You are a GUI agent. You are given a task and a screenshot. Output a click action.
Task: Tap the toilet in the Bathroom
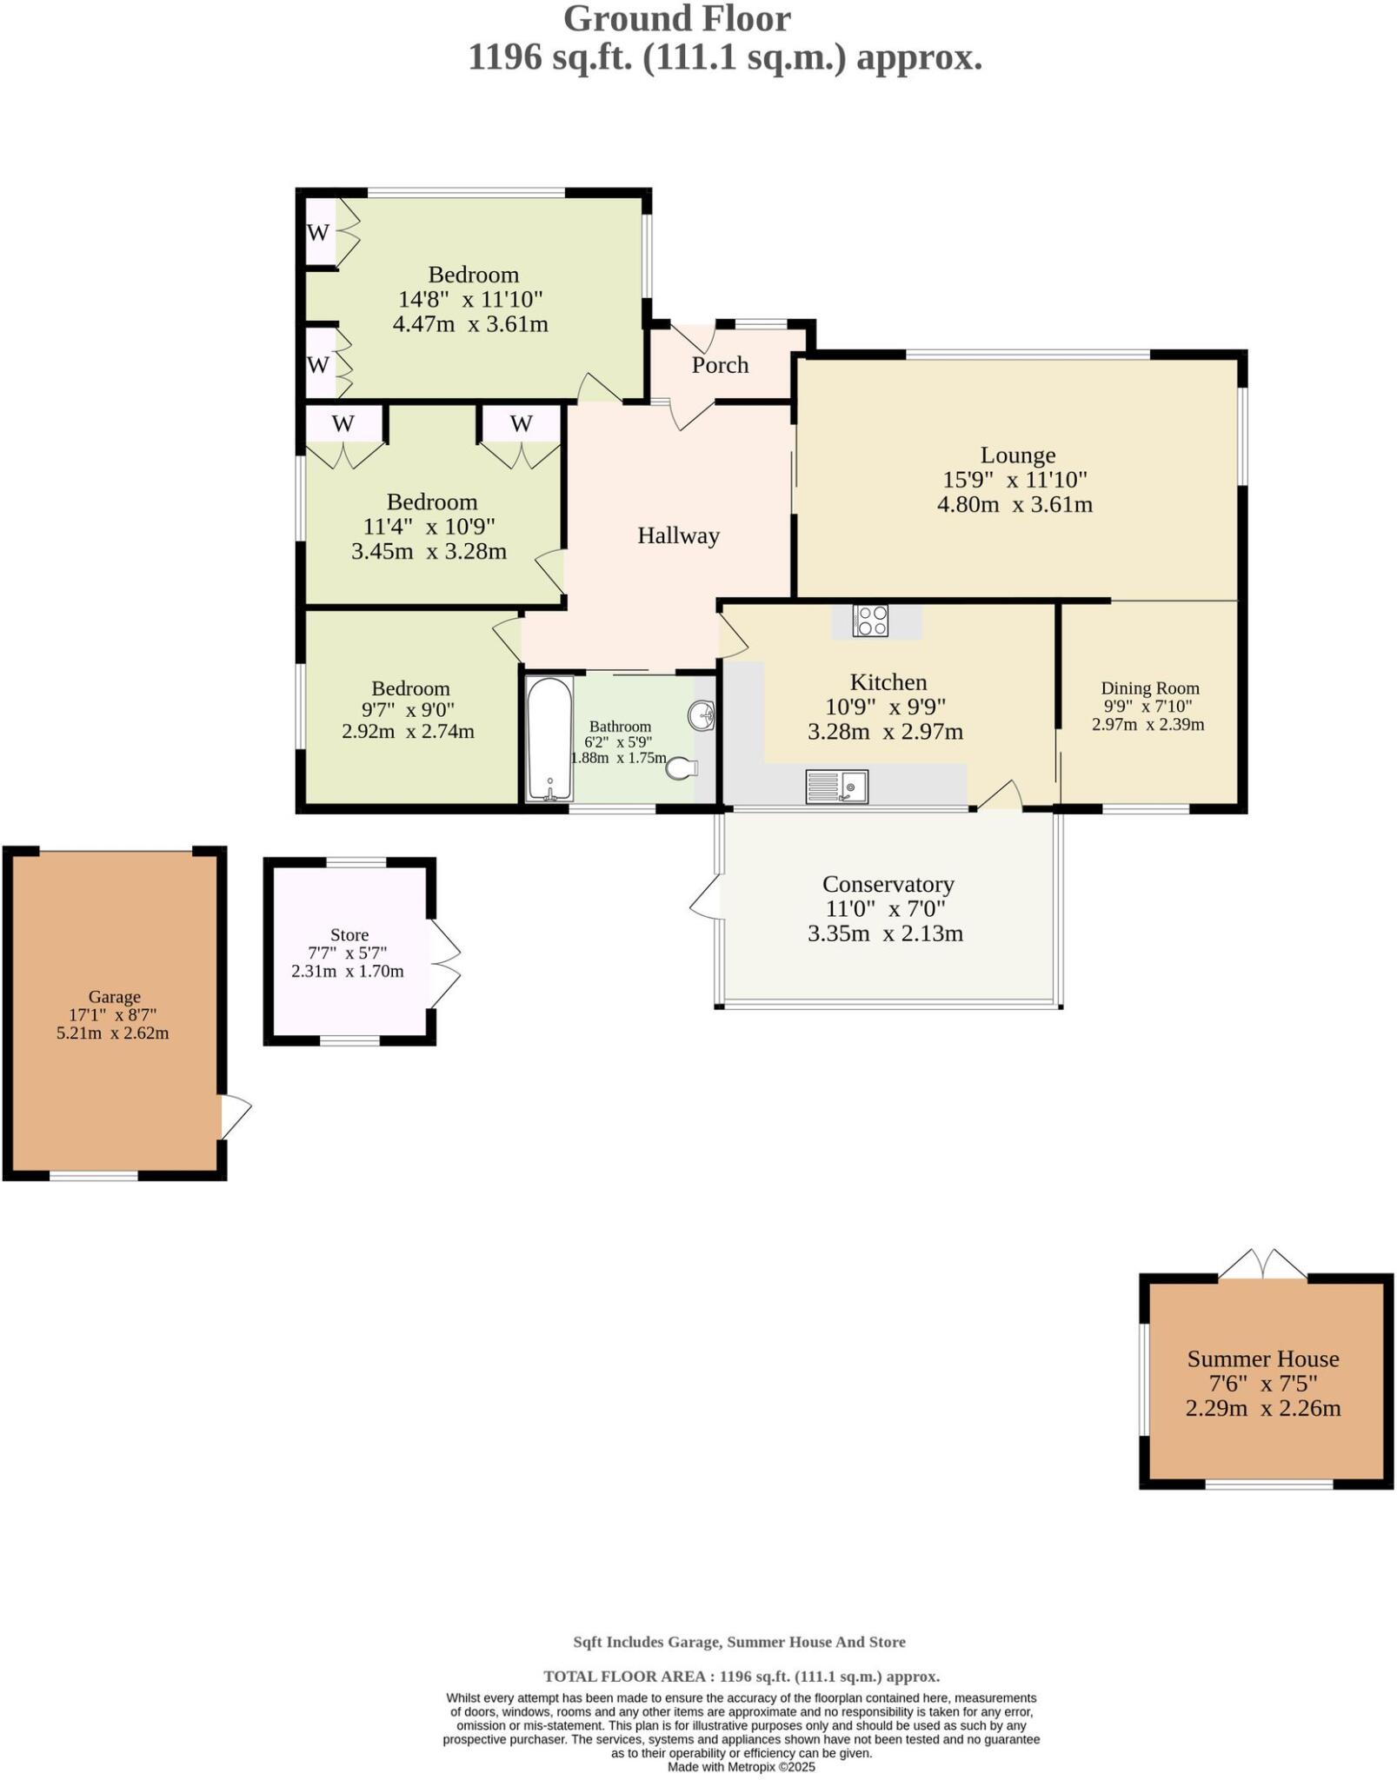[683, 768]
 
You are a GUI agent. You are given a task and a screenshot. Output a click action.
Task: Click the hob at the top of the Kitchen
[870, 621]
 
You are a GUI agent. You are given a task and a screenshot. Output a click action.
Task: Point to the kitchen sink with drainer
[836, 786]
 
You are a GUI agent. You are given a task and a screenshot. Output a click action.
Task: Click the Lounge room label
[1017, 455]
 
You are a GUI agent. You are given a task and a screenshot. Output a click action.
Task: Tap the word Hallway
[678, 535]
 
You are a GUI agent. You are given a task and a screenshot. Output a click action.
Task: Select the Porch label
[720, 365]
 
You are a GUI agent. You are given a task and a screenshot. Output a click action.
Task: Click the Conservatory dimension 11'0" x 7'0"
[886, 909]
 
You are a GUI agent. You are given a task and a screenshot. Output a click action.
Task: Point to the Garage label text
[114, 997]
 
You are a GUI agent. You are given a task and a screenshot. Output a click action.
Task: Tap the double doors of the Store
[444, 962]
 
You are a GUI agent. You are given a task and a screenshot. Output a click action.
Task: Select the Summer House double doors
[1262, 1265]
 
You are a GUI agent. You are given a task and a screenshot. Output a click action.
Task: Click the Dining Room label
[1149, 688]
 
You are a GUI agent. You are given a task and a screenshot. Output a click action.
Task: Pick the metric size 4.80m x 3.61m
[1014, 504]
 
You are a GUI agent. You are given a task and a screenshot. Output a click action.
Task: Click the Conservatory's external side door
[706, 897]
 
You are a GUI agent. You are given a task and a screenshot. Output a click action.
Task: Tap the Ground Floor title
[677, 19]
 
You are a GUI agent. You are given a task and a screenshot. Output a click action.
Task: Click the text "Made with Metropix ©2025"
[741, 1767]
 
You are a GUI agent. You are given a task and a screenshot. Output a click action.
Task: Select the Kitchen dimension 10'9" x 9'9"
[885, 707]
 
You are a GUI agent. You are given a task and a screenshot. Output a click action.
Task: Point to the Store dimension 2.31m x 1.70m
[347, 971]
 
